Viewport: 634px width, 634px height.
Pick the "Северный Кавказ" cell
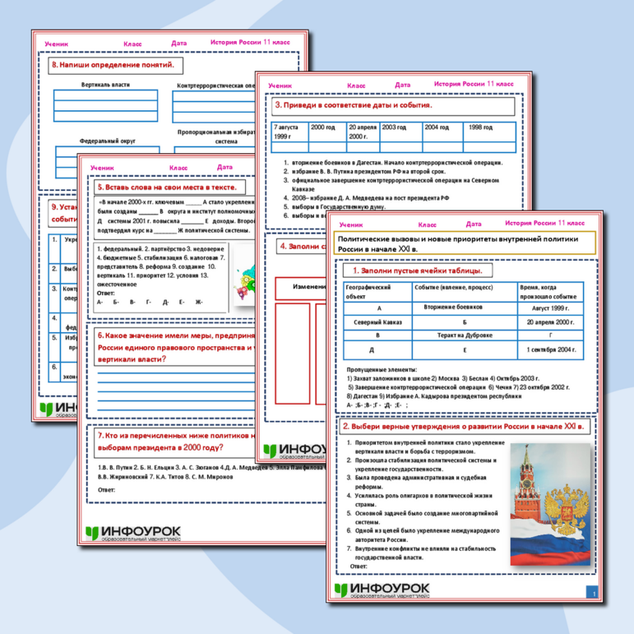coord(378,322)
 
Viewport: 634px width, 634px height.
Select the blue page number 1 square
coord(593,591)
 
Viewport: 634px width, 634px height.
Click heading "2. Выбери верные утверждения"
coord(464,428)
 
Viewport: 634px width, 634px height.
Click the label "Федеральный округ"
coord(108,141)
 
